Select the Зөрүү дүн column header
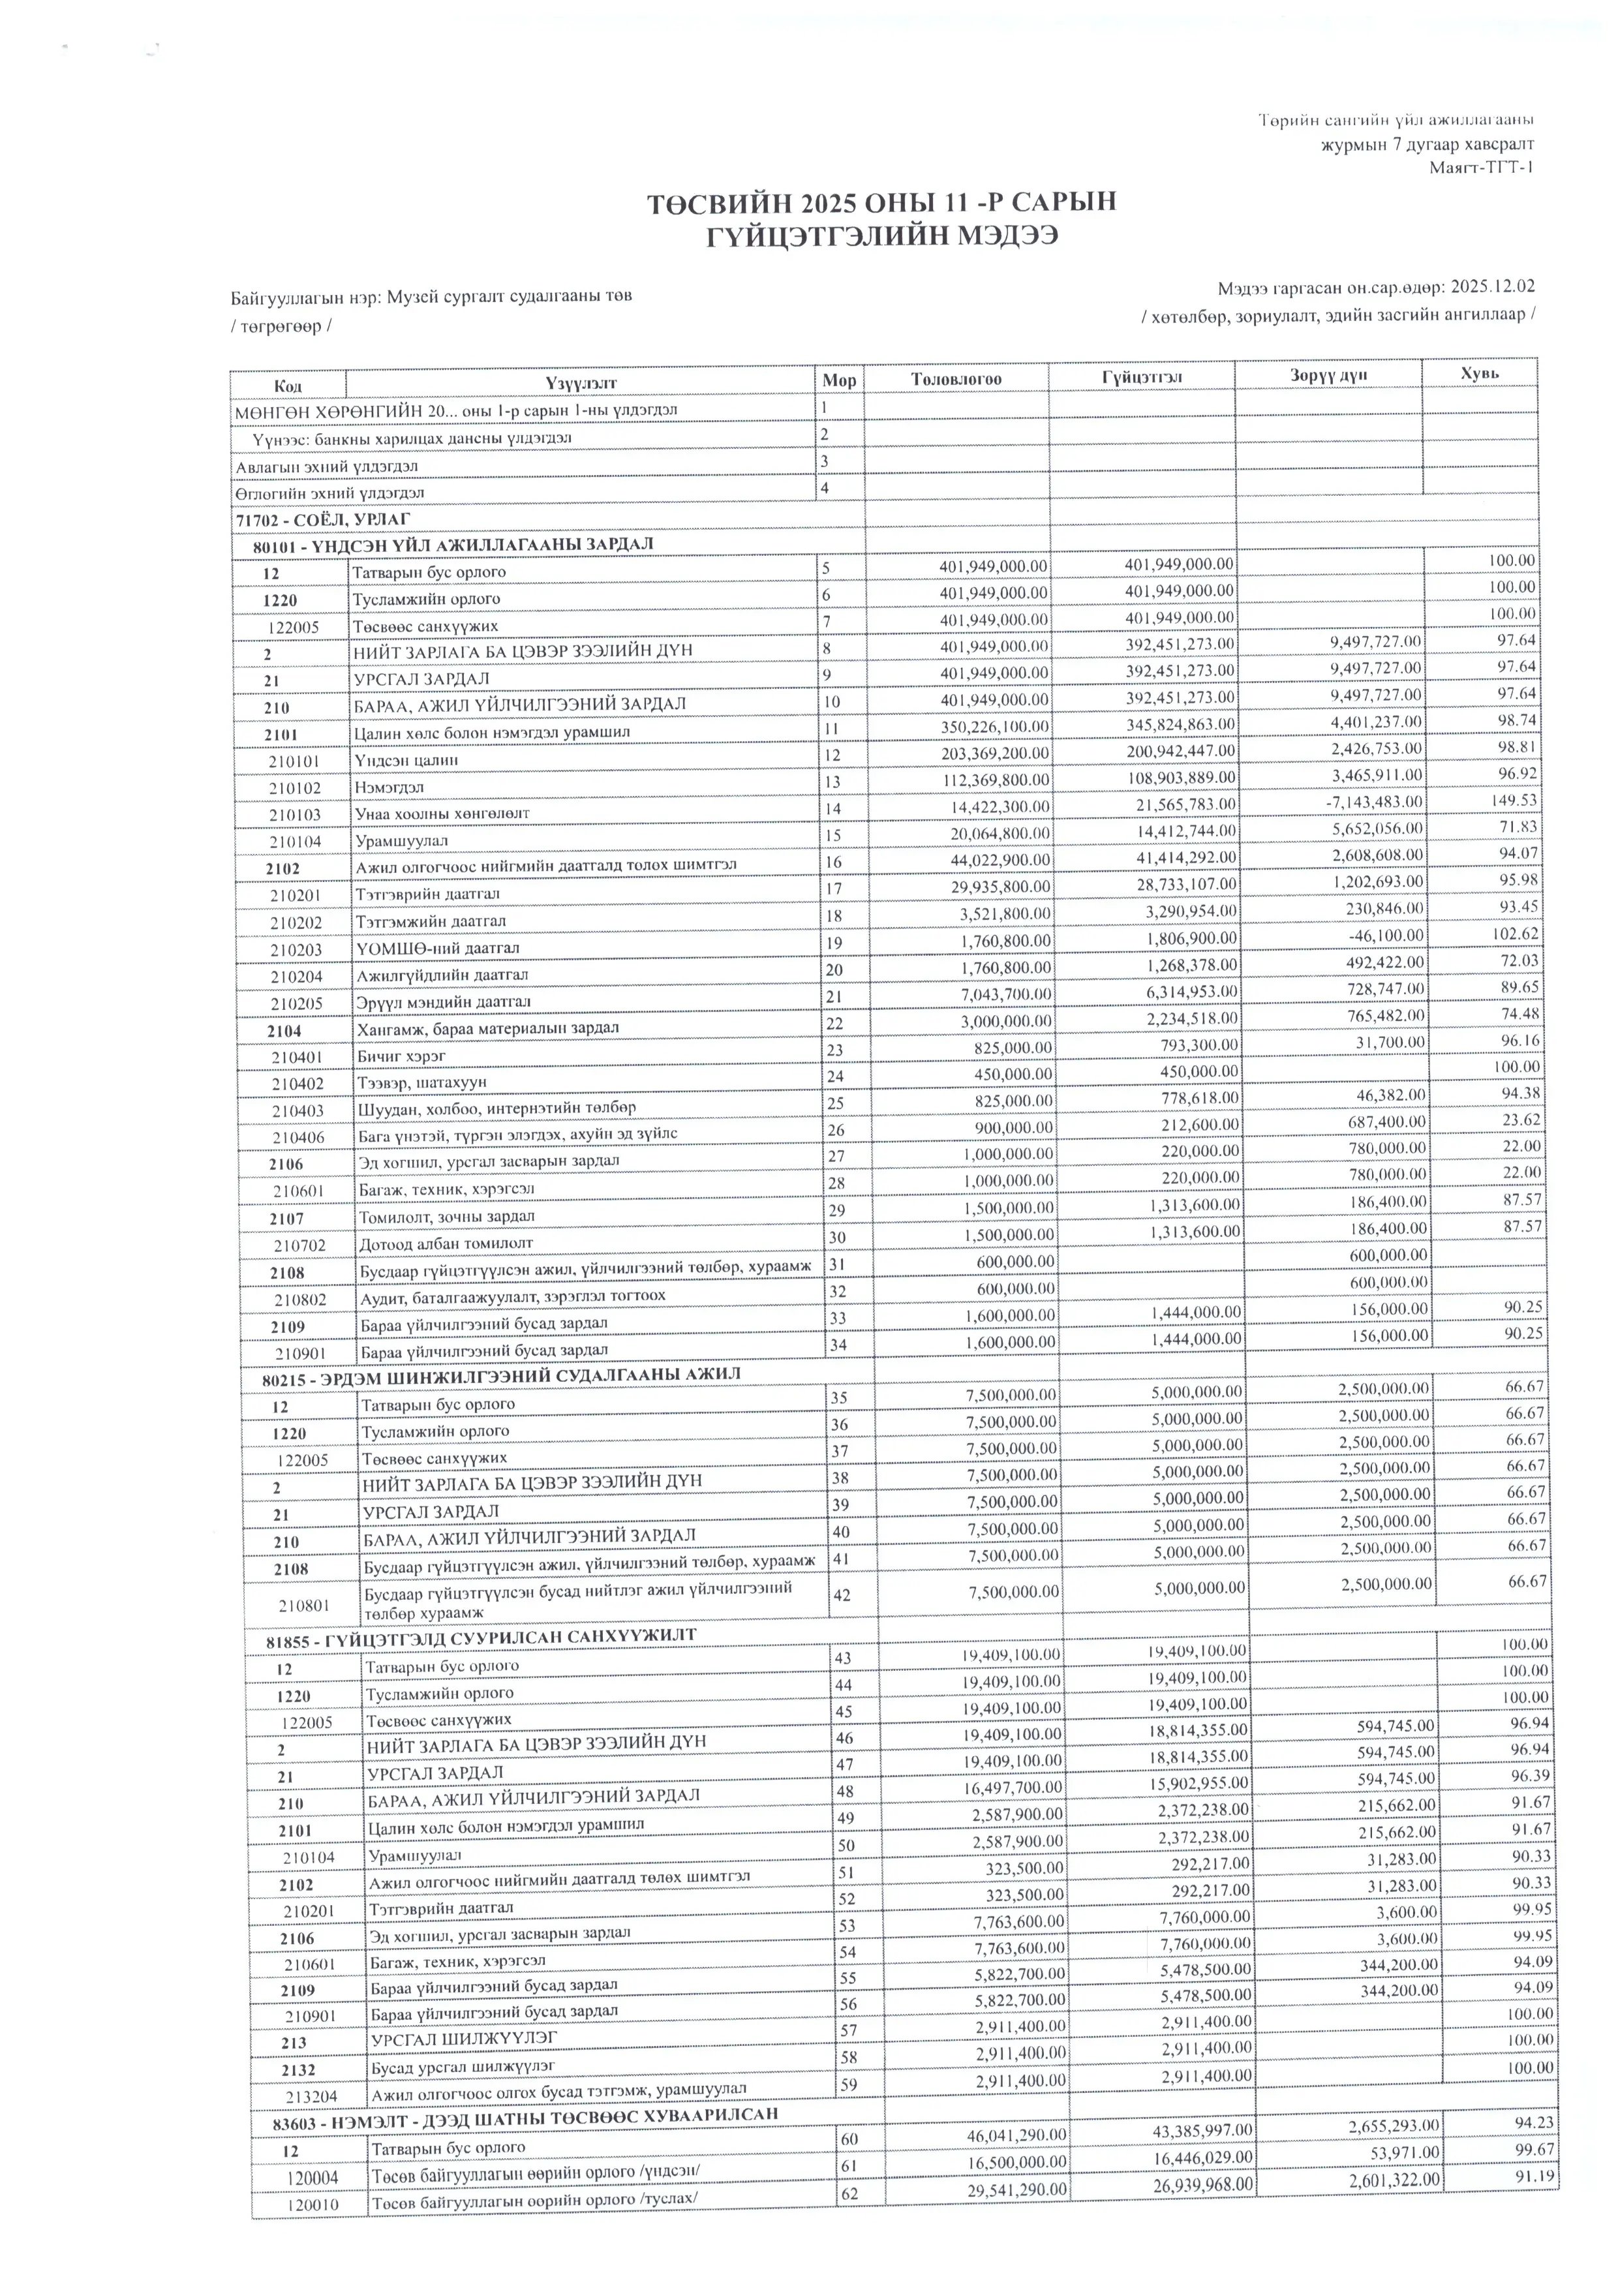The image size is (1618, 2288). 1328,376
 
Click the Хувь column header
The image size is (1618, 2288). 1480,374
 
